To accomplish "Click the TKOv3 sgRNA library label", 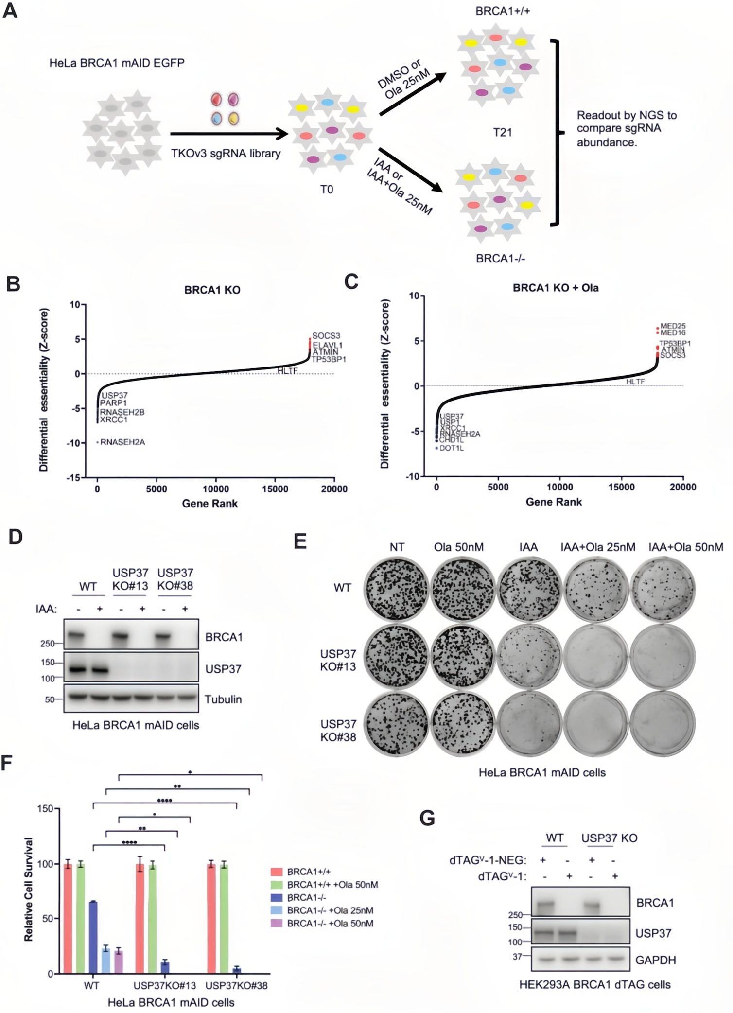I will click(226, 154).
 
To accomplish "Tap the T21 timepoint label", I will click(502, 132).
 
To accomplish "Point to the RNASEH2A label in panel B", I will click(122, 442).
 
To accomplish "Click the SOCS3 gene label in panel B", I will click(326, 336).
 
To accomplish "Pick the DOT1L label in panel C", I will click(452, 448).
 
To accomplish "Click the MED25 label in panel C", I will click(673, 326).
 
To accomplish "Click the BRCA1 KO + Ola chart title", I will click(556, 288).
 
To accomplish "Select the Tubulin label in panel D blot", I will click(223, 699).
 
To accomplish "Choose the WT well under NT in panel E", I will click(397, 588).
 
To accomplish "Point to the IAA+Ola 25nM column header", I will click(598, 547).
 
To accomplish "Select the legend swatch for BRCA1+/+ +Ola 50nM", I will click(276, 885).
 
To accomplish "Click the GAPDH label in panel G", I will click(656, 960).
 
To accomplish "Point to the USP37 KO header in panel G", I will click(609, 838).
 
